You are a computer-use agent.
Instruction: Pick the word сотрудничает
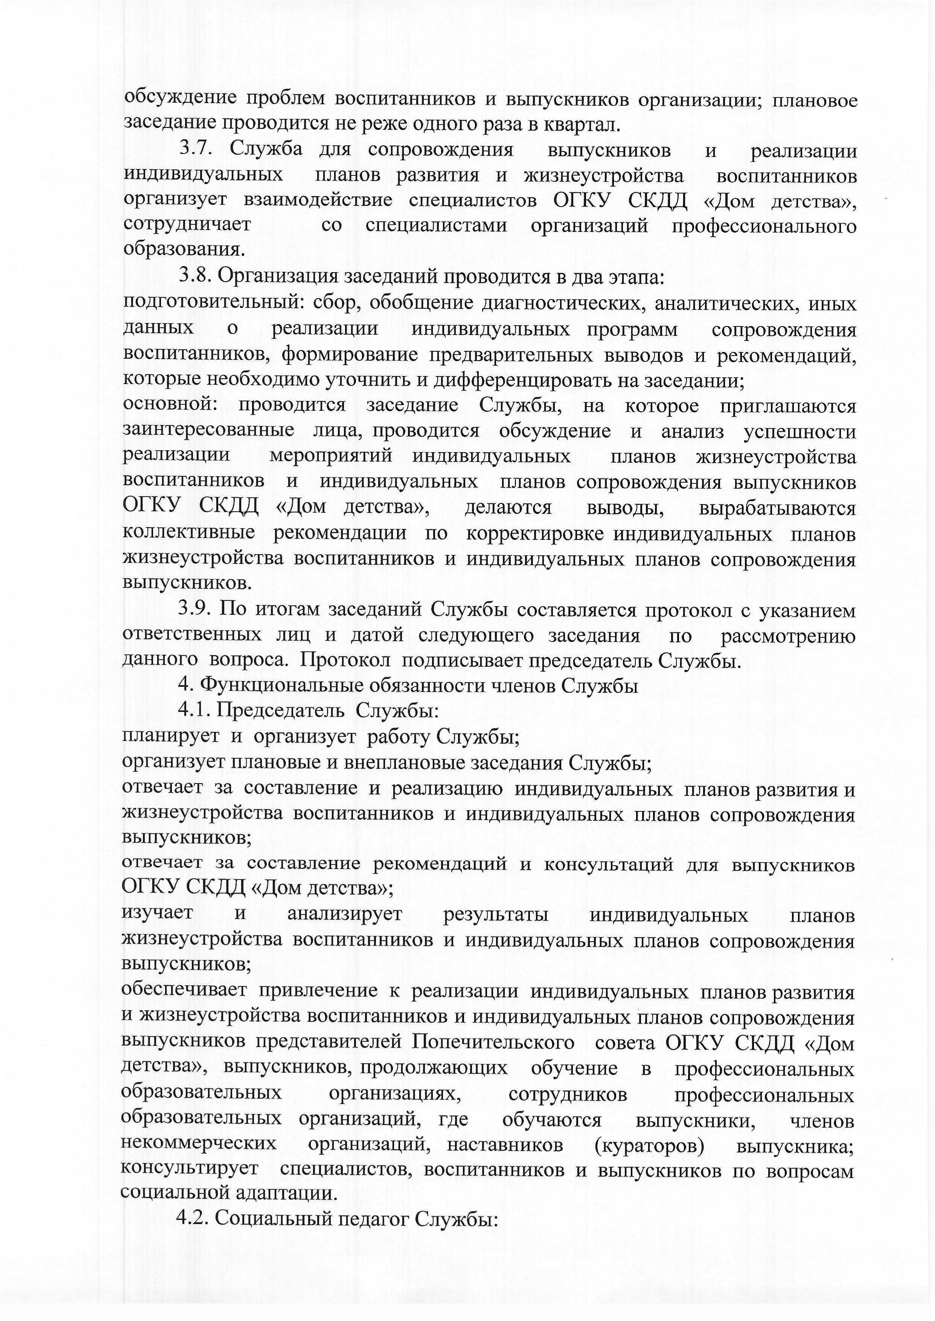click(x=187, y=224)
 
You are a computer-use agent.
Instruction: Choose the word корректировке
click(x=534, y=534)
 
